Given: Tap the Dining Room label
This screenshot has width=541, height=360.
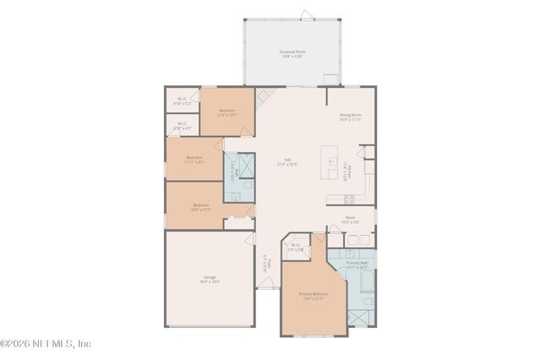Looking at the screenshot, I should (350, 117).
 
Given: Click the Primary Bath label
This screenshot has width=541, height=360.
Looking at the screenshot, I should (358, 265).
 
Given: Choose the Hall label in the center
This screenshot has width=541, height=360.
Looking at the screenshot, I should (288, 164).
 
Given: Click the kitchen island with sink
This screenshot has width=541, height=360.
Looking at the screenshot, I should (332, 161).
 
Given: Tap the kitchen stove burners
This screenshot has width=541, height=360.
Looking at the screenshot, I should (348, 199).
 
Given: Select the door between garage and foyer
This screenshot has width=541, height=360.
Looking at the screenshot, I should (250, 239).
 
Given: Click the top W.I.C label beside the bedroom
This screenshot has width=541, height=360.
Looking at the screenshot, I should (183, 101).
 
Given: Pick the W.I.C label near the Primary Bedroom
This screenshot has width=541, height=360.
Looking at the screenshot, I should (295, 248).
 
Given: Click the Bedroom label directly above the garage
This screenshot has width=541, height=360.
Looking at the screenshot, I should (200, 207).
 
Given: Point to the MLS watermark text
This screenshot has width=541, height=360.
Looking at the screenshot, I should (46, 344).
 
